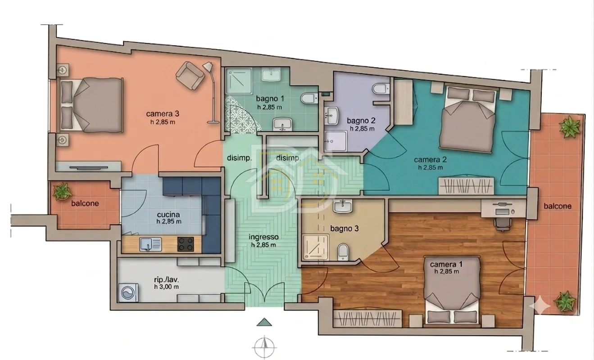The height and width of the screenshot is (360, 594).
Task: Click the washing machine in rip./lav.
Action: [128, 292]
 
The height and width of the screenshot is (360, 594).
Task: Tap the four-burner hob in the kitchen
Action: [186, 244]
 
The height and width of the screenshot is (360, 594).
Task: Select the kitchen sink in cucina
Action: [150, 244]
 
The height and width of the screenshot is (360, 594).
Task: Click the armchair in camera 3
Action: [190, 76]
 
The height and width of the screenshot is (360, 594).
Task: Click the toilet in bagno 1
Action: [309, 98]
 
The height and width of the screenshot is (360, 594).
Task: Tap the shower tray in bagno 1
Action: [239, 81]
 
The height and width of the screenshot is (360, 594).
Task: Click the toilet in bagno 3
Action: [343, 252]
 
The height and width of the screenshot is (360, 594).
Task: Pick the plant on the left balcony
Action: [62, 191]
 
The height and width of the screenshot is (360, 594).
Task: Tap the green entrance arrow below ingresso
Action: [264, 322]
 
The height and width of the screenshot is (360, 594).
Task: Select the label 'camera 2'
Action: [430, 159]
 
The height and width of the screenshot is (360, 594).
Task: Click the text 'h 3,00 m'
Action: [166, 287]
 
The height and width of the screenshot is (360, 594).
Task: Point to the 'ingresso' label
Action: [263, 237]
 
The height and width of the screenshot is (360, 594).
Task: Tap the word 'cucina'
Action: [168, 215]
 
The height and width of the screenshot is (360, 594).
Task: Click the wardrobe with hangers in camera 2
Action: [466, 186]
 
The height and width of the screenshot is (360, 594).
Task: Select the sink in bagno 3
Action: [343, 206]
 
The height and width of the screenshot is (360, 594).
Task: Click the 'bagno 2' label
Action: [361, 121]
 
